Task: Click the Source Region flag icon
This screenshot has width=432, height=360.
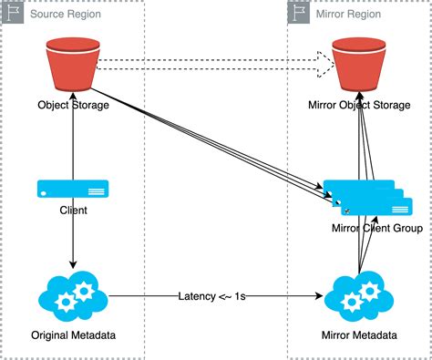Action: point(14,12)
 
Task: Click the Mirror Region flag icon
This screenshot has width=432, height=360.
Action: point(299,12)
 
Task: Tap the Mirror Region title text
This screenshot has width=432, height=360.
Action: point(347,13)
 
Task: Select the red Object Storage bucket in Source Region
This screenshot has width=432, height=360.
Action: point(73,64)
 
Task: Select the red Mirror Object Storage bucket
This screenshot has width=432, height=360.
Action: point(359,64)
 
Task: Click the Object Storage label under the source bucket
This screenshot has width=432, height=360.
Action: point(73,104)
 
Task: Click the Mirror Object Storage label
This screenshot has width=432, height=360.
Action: point(359,104)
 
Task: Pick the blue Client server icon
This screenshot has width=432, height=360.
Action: point(73,189)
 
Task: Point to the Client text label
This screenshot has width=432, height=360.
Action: point(73,211)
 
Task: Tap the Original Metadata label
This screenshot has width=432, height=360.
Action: point(73,336)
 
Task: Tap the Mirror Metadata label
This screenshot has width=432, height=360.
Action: point(359,336)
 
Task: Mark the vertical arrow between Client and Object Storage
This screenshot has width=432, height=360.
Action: point(73,141)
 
